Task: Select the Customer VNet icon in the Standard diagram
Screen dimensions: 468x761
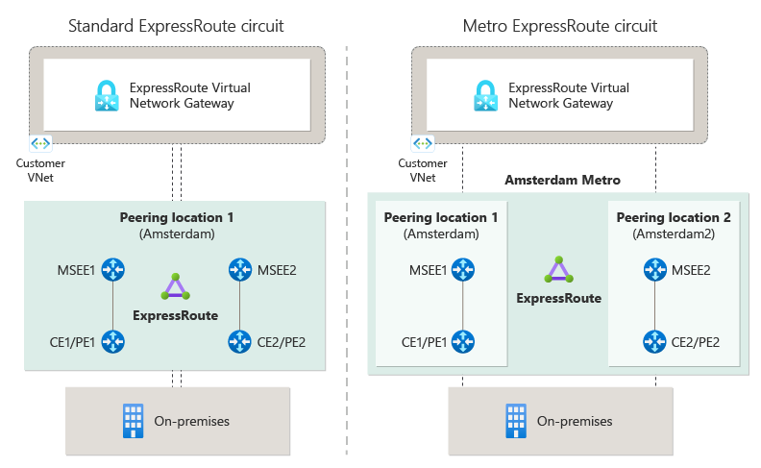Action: tap(41, 143)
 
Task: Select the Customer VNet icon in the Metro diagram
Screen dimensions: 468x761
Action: tap(423, 143)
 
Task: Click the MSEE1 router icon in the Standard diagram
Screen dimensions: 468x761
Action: tap(114, 270)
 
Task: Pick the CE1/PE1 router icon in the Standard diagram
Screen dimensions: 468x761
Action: tap(114, 340)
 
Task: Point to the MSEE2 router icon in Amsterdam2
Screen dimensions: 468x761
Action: tap(655, 270)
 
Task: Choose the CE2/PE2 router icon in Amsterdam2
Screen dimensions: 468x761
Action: tap(655, 341)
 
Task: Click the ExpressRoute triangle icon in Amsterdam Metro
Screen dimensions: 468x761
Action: tap(558, 270)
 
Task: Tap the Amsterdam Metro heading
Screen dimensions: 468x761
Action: tap(562, 180)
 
